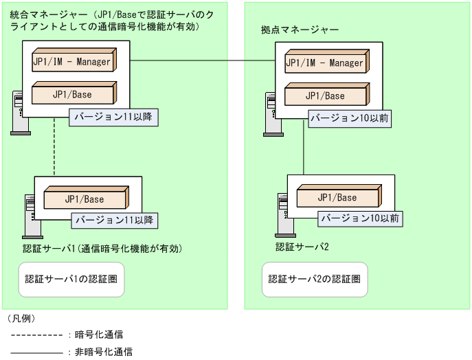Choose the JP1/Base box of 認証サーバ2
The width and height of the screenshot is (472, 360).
[337, 197]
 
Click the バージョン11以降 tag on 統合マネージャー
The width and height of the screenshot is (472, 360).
[113, 117]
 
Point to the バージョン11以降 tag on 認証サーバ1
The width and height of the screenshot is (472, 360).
[113, 221]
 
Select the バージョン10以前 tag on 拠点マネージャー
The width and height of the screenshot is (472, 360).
[349, 118]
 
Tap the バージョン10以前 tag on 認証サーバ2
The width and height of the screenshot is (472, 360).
[360, 218]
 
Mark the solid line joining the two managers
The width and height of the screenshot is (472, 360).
[203, 61]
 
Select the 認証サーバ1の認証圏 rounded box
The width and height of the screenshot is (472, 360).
[71, 279]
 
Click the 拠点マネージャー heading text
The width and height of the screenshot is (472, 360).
[300, 30]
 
